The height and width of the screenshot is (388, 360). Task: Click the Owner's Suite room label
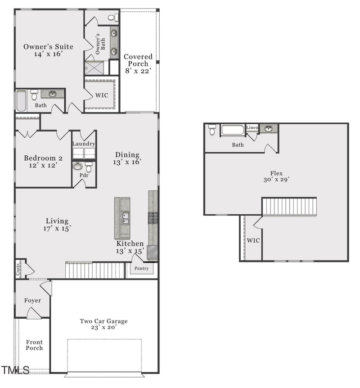coord(48,47)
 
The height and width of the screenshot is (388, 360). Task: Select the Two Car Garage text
coord(103,321)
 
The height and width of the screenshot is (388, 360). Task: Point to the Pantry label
coord(141,268)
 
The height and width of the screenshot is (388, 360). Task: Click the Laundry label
coord(84,144)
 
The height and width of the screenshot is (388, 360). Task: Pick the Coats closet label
coord(18,269)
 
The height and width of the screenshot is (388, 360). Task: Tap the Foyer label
coord(32,300)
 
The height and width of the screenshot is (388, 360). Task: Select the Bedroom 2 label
coord(43,158)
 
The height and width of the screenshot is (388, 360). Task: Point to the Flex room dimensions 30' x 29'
coord(276,179)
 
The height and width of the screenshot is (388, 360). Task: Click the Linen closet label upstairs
coord(252,128)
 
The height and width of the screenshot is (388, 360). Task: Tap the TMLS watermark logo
coord(15,370)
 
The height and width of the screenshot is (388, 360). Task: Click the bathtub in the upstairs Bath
coord(233,131)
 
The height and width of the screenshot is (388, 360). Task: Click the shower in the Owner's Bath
coord(95,68)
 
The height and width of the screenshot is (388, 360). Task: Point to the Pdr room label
coord(84,175)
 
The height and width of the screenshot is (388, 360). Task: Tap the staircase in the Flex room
coord(289,207)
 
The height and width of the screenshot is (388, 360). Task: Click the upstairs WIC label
coord(253,240)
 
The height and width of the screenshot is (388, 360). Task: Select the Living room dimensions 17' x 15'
coord(57,228)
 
